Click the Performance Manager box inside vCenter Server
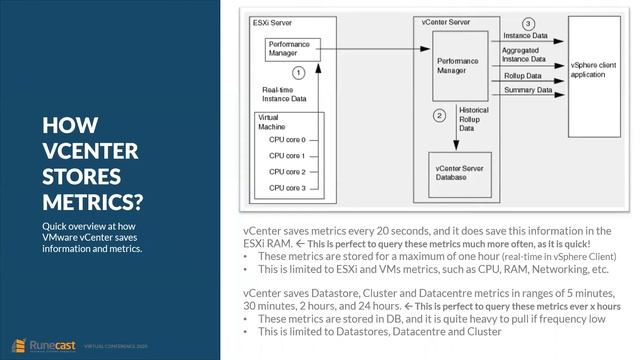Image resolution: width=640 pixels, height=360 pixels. click(x=458, y=66)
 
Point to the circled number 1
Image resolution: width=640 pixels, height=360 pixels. click(x=297, y=73)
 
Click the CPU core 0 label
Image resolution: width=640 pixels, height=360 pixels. click(x=289, y=140)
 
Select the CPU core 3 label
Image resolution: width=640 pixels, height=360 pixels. click(x=289, y=186)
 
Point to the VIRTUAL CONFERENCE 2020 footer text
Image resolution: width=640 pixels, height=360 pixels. click(x=119, y=340)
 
